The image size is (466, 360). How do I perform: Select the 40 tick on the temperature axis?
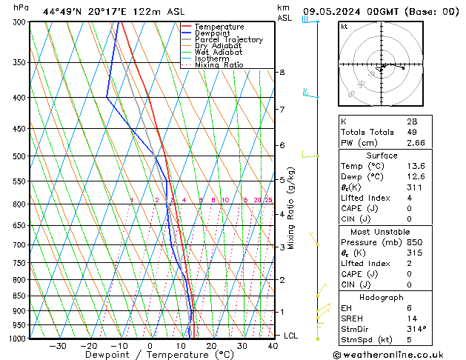[x=273, y=346]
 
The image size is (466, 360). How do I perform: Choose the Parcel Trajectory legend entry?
[x=228, y=40]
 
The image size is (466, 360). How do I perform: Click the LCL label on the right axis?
[x=292, y=336]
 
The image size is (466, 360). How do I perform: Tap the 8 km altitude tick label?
[x=282, y=72]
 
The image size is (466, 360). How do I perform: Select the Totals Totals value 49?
[x=413, y=132]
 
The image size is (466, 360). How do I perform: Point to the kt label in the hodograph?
[x=344, y=26]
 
